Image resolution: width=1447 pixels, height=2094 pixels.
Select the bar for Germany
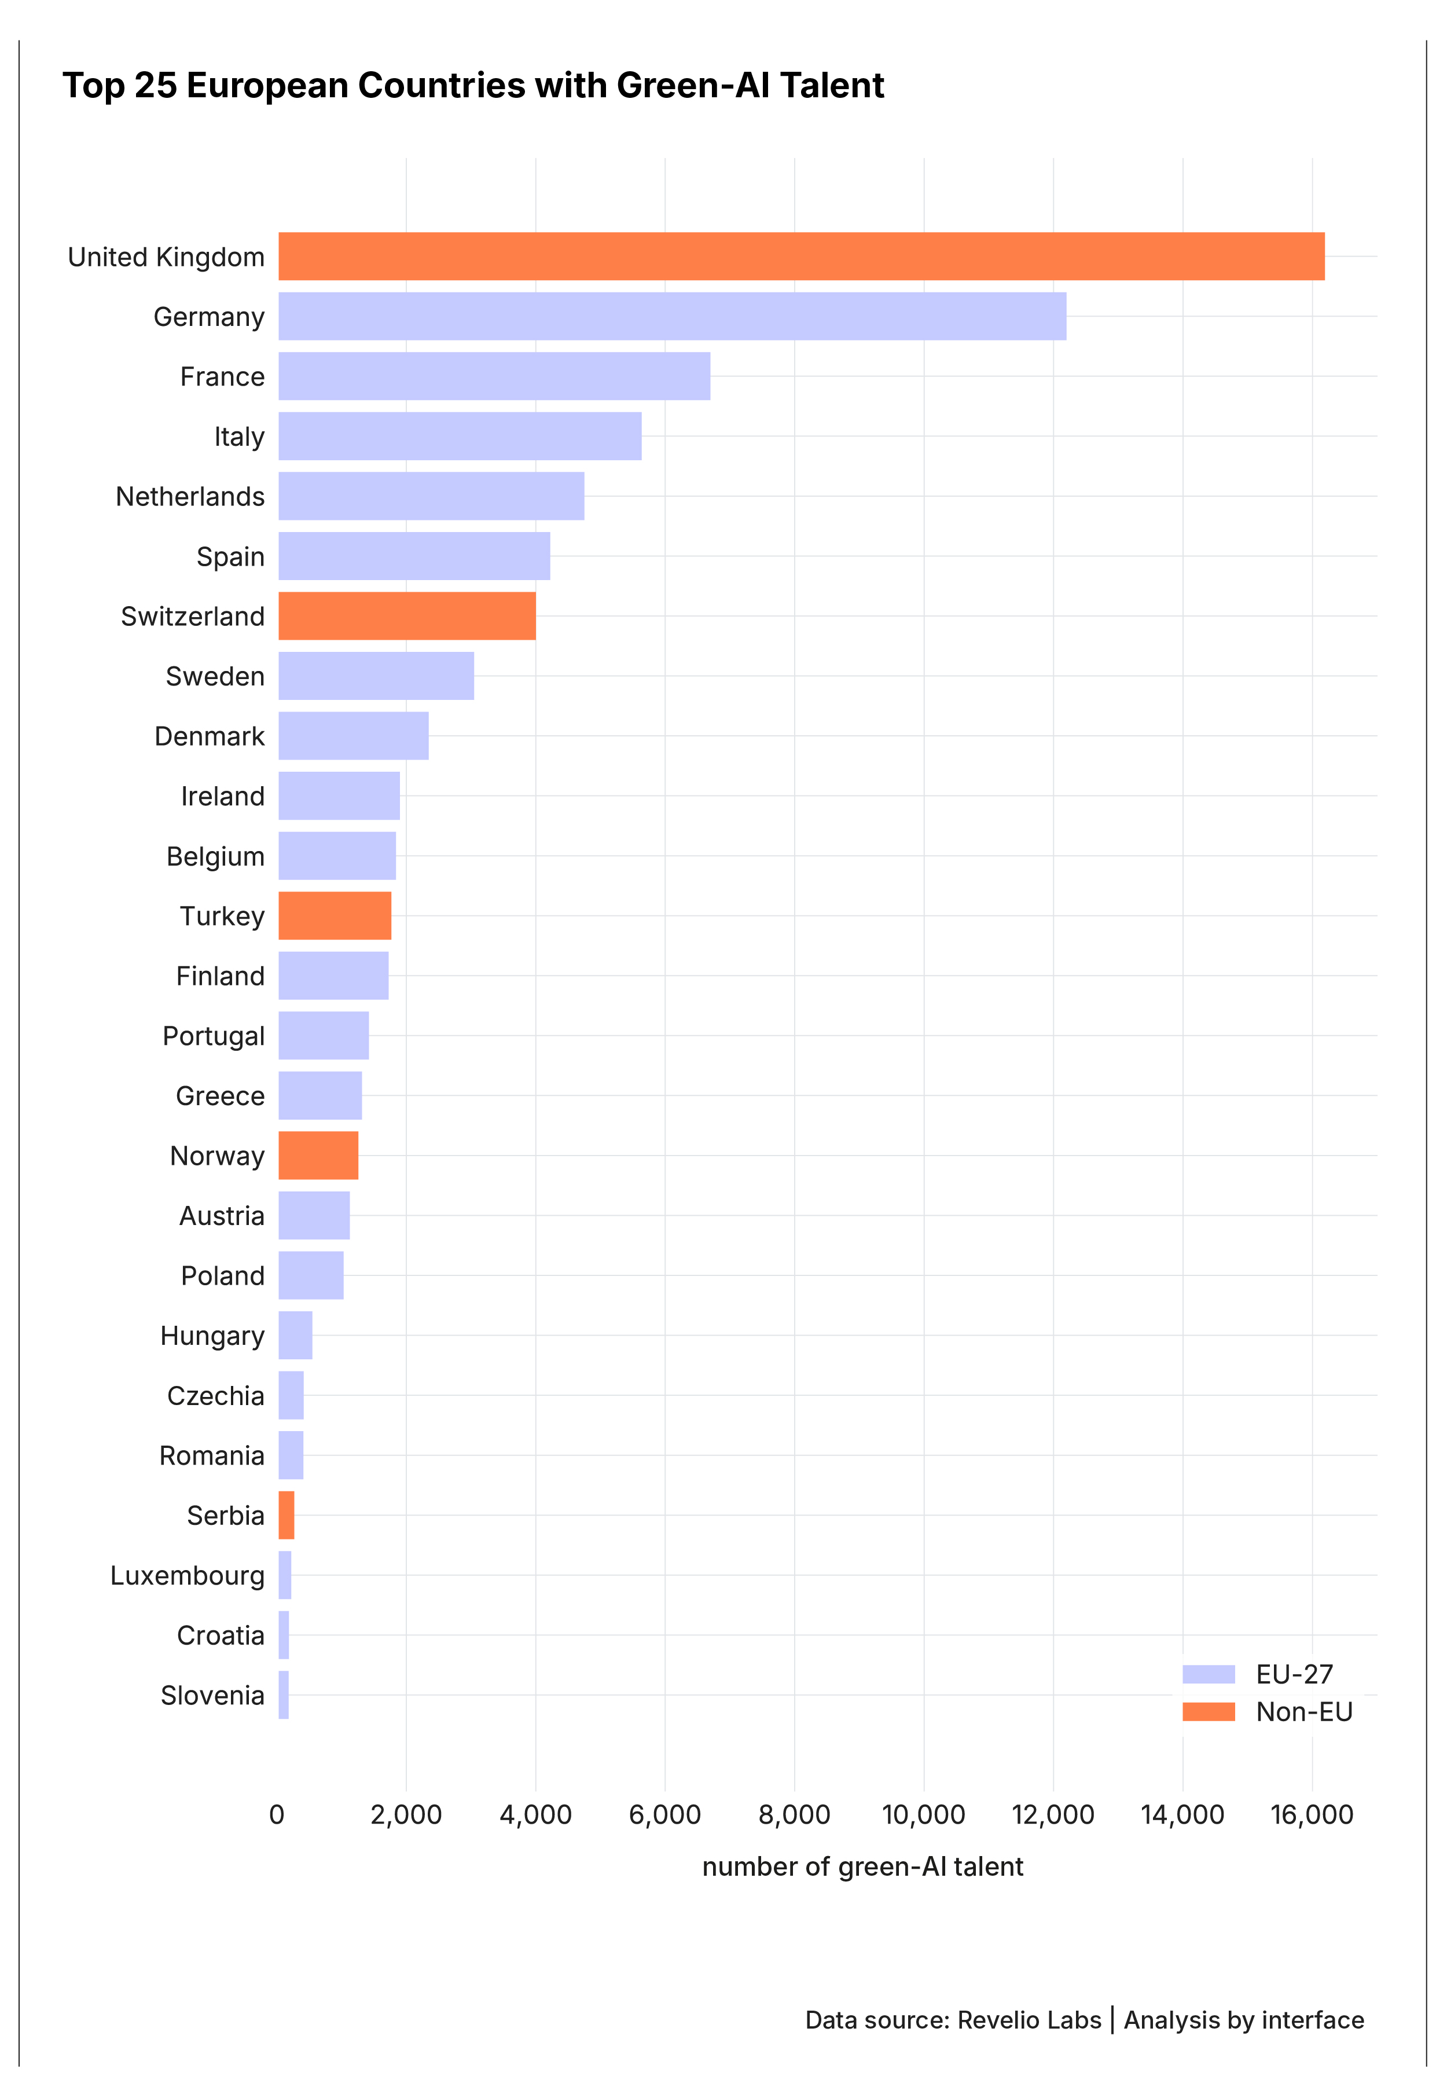(x=672, y=317)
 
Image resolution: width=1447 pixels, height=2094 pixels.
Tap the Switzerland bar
(x=407, y=616)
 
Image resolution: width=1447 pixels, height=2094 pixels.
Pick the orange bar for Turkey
(x=335, y=916)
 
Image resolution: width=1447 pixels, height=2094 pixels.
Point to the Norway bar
(x=318, y=1156)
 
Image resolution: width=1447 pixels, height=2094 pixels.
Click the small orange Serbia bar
(x=287, y=1516)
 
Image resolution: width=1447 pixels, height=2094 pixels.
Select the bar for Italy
(x=460, y=436)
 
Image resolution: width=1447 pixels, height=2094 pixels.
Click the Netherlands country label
(x=190, y=497)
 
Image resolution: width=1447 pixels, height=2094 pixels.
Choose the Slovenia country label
(x=212, y=1696)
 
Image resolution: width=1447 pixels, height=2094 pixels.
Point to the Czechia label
(x=216, y=1396)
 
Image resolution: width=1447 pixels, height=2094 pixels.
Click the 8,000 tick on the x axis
(x=794, y=1815)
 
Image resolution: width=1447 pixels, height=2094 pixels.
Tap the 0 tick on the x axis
(x=277, y=1815)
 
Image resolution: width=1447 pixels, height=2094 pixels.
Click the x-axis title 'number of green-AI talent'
(x=862, y=1866)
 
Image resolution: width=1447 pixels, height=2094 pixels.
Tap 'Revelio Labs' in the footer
(x=1029, y=2020)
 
